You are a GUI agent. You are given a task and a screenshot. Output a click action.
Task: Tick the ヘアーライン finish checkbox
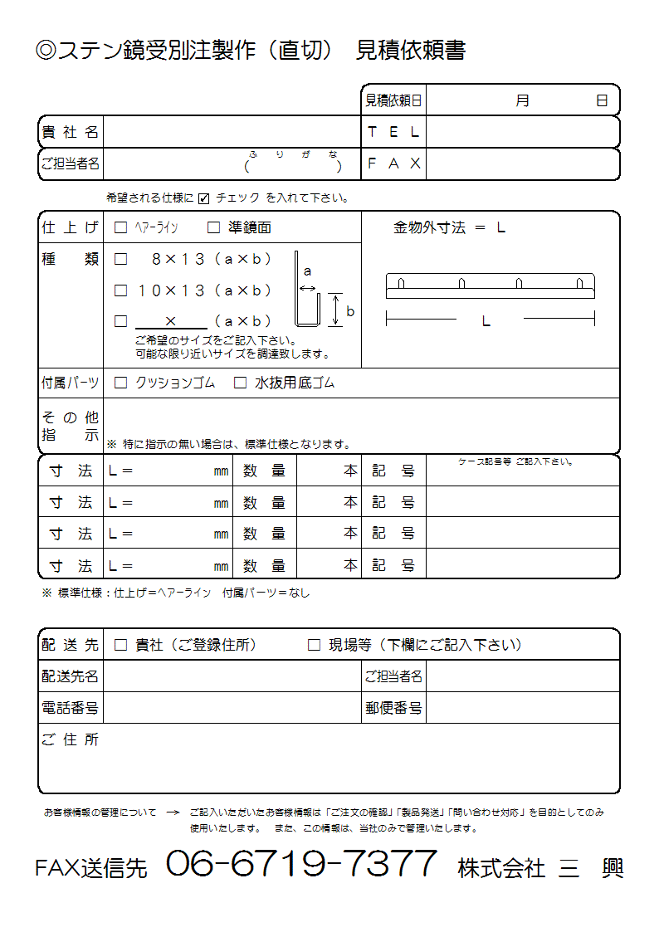pos(120,227)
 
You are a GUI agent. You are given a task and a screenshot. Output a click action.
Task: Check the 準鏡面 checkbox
pos(213,227)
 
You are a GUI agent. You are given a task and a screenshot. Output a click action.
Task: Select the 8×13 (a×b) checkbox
pos(120,259)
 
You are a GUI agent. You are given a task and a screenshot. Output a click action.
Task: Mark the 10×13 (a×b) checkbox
pos(120,290)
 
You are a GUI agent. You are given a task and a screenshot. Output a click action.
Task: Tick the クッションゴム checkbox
pos(120,383)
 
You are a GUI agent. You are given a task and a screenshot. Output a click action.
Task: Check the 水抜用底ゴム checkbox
pos(240,383)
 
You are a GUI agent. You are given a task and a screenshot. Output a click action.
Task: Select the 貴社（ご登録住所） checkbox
pos(120,645)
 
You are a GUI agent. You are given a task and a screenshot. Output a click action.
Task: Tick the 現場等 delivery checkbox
pos(314,645)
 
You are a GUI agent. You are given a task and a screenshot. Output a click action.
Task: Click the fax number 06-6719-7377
pos(301,864)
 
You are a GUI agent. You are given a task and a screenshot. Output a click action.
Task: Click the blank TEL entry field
pos(522,132)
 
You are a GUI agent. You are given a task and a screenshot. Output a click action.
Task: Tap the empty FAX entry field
pos(522,163)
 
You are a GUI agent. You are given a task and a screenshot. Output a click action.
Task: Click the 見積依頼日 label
pos(393,100)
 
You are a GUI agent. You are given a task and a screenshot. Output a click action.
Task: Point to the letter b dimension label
pos(350,312)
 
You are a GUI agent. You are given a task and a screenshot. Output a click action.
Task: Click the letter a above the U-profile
pos(307,271)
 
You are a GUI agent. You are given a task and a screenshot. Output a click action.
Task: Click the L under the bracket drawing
pos(486,321)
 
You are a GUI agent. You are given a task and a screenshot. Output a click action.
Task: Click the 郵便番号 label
pos(393,708)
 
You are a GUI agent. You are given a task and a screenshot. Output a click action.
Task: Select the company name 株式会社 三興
pos(539,868)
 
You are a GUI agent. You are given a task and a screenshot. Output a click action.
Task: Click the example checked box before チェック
pos(204,199)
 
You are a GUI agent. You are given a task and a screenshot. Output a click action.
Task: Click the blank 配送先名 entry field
pos(232,676)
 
